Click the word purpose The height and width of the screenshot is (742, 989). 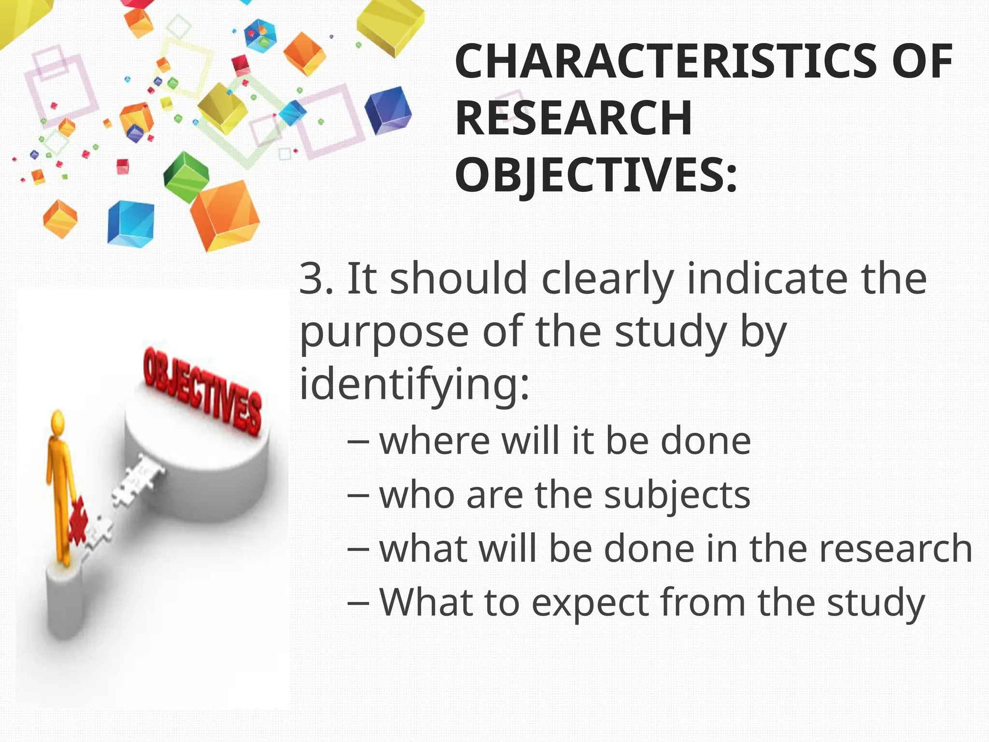click(x=384, y=333)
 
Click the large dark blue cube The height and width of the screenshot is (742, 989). click(x=387, y=111)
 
